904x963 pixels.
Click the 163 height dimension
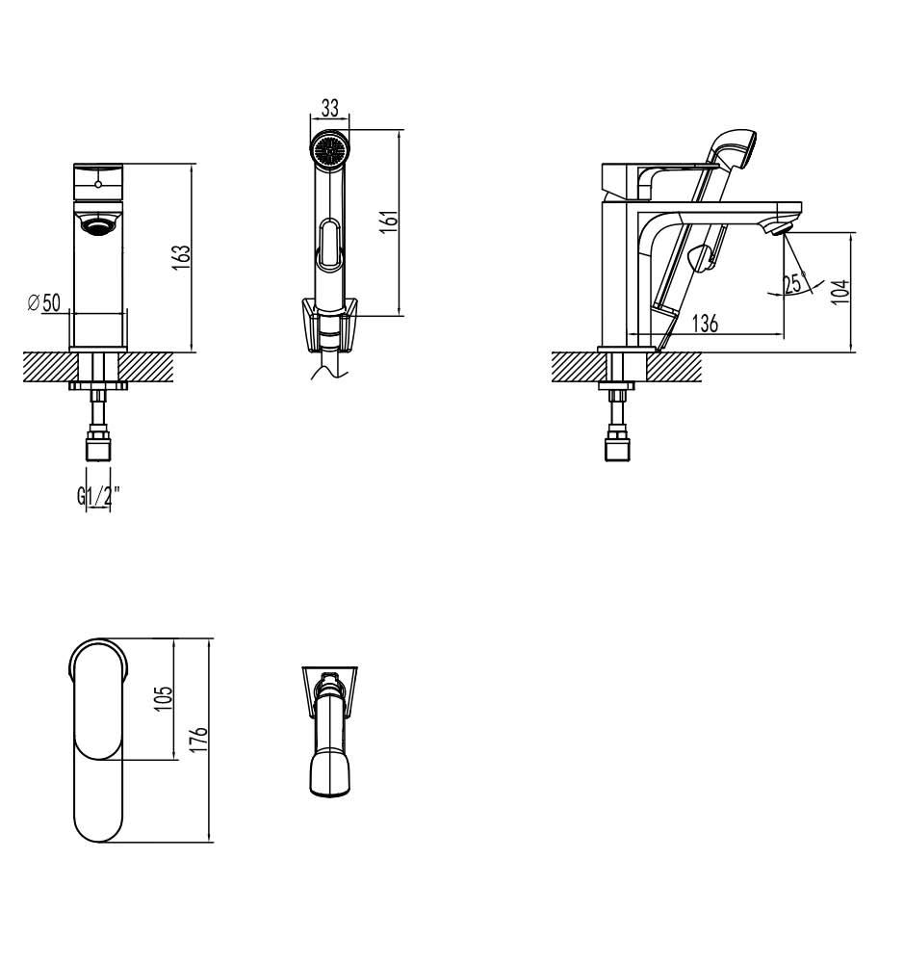point(182,259)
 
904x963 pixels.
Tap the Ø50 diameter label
point(44,302)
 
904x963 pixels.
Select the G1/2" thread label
point(98,495)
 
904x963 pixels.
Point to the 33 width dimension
point(330,108)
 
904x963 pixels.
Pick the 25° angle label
point(793,282)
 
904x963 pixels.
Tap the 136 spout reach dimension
point(705,323)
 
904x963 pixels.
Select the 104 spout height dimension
point(839,291)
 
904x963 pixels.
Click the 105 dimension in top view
point(164,699)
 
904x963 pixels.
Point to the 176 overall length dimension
point(199,740)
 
